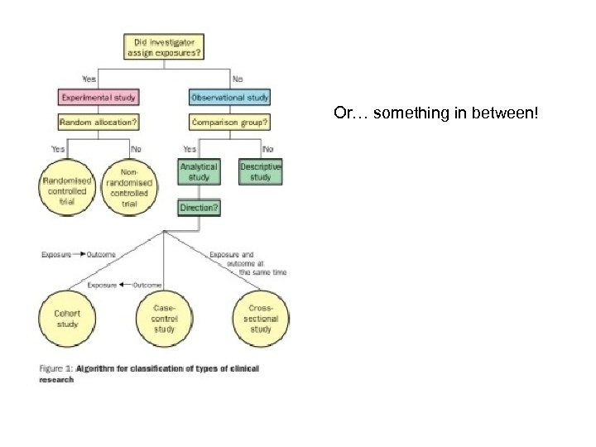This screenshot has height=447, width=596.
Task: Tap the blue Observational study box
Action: point(230,97)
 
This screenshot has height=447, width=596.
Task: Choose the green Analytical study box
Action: point(199,172)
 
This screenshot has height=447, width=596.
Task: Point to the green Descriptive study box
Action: point(261,172)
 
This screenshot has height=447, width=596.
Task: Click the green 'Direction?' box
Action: point(199,208)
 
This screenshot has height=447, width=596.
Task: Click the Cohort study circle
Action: point(67,319)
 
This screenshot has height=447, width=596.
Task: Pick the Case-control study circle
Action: point(166,319)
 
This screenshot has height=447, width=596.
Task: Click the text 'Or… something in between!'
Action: point(435,112)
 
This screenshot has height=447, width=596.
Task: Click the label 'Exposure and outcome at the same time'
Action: point(244,262)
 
